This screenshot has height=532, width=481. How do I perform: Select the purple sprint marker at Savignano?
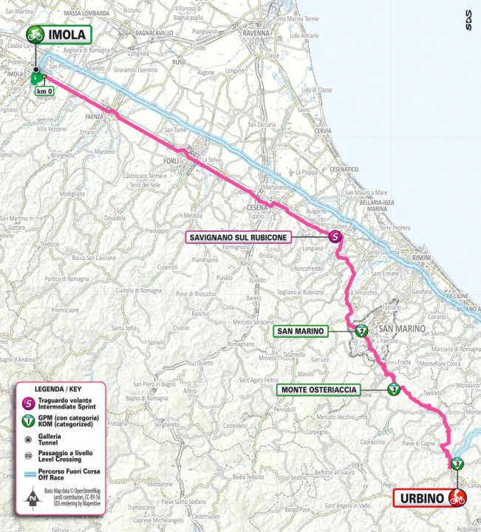(x=335, y=236)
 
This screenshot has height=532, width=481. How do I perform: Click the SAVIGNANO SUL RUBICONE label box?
(x=240, y=236)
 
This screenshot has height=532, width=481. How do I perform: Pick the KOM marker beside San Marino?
(x=361, y=330)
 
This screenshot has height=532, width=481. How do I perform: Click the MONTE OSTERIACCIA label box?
(x=318, y=389)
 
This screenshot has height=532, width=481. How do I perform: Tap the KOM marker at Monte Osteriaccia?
(x=393, y=389)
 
